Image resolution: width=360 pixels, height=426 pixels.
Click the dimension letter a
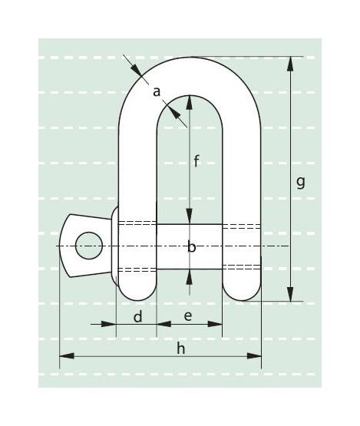click(x=157, y=92)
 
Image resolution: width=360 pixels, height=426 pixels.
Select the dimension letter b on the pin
click(x=191, y=247)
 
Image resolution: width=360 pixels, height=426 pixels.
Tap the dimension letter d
click(x=137, y=316)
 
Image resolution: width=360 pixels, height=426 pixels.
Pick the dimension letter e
click(x=188, y=316)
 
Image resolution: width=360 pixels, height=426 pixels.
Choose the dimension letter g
click(x=300, y=182)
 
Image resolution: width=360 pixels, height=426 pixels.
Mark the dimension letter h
click(x=181, y=348)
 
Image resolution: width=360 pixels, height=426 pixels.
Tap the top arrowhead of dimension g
click(x=290, y=62)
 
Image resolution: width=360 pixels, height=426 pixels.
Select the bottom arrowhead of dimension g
click(x=290, y=295)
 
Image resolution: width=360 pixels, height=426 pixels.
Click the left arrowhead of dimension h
click(x=65, y=355)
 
